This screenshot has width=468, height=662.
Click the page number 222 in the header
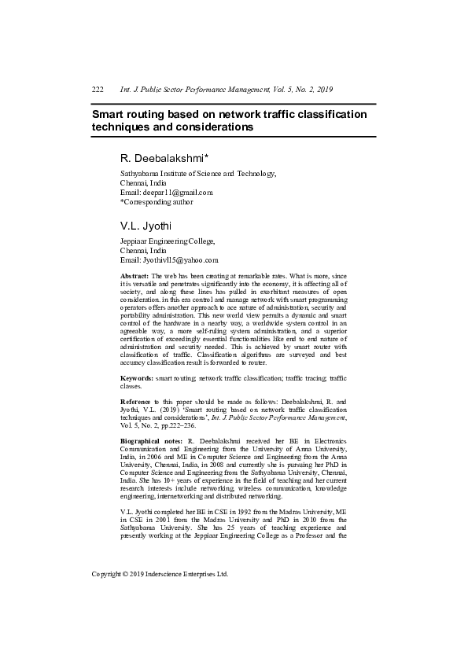point(98,91)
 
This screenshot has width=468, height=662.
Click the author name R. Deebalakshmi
point(161,159)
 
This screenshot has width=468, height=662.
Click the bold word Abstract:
point(134,277)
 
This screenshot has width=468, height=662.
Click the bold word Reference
point(136,402)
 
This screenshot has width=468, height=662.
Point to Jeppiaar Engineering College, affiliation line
point(167,242)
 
